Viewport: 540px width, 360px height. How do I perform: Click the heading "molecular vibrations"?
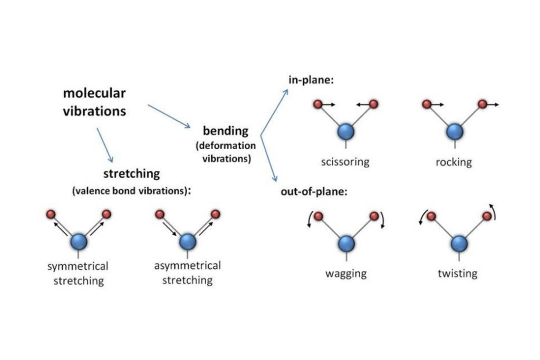click(94, 102)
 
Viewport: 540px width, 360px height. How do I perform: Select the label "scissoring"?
click(345, 161)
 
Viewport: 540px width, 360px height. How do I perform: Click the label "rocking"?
click(454, 161)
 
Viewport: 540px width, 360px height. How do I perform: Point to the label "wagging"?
click(346, 274)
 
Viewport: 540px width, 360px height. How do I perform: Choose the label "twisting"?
click(457, 274)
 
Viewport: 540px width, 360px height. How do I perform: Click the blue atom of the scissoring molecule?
click(346, 130)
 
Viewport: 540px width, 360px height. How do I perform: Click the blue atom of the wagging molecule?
click(346, 243)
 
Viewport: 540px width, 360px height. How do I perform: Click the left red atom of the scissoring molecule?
click(317, 104)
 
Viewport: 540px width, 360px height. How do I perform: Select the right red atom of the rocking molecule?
click(482, 104)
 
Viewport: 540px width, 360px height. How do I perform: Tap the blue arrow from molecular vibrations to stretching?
click(104, 143)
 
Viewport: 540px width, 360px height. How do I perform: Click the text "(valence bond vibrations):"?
click(131, 191)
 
